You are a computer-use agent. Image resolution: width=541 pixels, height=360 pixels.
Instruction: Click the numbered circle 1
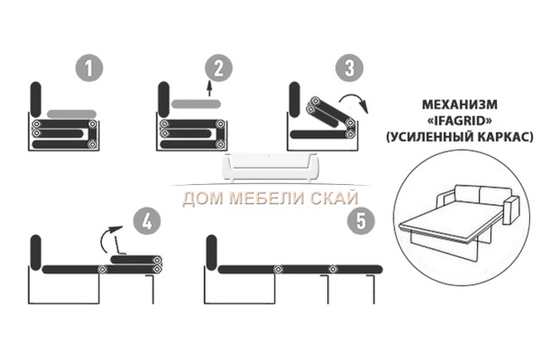pyautogui.click(x=89, y=68)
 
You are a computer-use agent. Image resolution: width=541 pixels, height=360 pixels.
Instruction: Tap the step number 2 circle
pyautogui.click(x=219, y=68)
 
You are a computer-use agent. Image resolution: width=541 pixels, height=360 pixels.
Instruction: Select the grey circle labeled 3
pyautogui.click(x=349, y=68)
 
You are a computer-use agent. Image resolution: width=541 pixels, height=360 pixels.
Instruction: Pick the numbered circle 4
pyautogui.click(x=147, y=221)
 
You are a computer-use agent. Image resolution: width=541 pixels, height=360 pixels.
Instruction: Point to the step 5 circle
pyautogui.click(x=361, y=221)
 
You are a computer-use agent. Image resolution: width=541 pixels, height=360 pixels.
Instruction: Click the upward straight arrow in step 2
pyautogui.click(x=209, y=89)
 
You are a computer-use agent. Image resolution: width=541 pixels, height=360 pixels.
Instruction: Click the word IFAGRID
pyautogui.click(x=460, y=120)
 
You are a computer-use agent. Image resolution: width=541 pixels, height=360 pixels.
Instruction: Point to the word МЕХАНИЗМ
pyautogui.click(x=460, y=105)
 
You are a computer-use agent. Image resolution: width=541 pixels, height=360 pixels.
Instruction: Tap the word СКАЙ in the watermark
pyautogui.click(x=334, y=198)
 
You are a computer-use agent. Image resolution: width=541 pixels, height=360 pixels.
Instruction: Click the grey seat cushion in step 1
pyautogui.click(x=71, y=114)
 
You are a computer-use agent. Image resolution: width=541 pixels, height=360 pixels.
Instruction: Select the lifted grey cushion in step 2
pyautogui.click(x=196, y=104)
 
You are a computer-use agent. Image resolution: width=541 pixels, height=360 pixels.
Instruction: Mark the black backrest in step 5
pyautogui.click(x=212, y=253)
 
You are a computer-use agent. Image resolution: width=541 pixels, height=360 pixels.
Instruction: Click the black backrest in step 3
pyautogui.click(x=295, y=100)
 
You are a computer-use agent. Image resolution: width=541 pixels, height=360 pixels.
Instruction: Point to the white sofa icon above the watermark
pyautogui.click(x=270, y=168)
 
